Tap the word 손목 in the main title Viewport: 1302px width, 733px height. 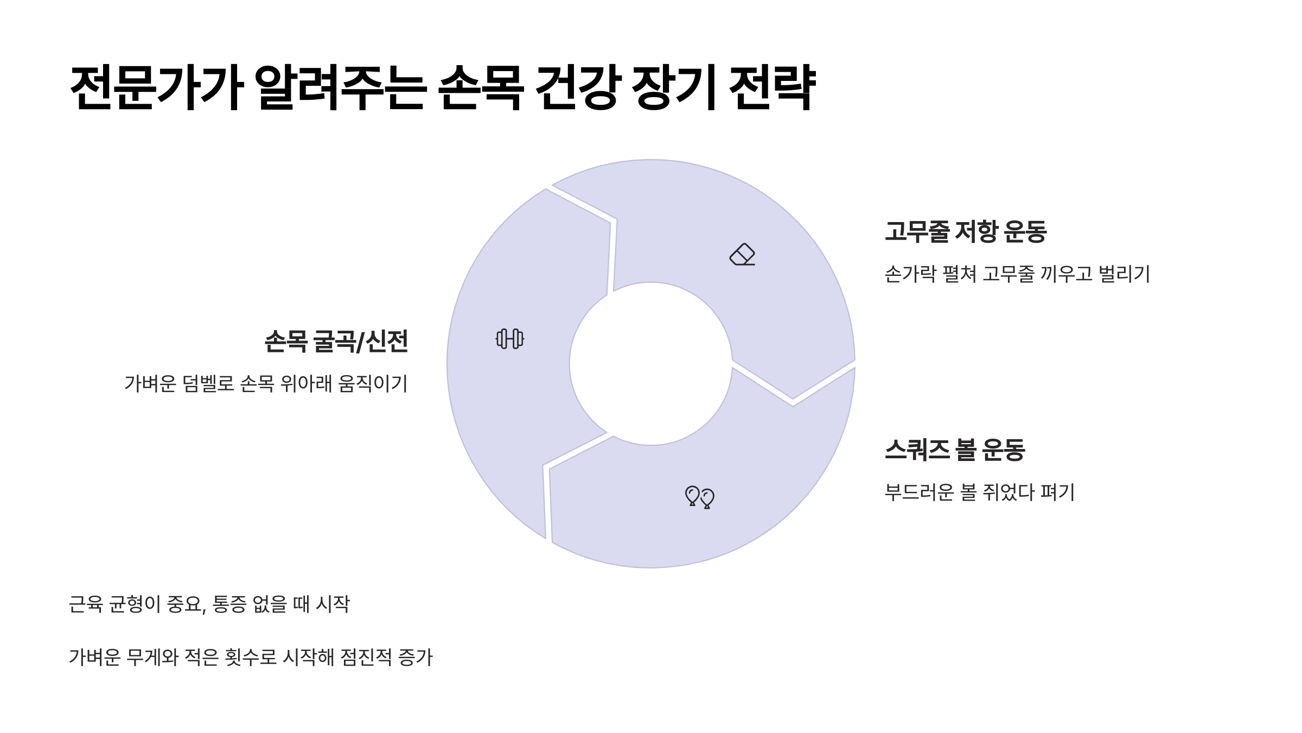pos(480,88)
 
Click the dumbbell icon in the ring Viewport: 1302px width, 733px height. pos(510,339)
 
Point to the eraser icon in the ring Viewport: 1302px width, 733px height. pos(742,254)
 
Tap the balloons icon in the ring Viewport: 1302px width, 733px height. pos(700,497)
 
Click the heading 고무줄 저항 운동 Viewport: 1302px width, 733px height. pos(966,232)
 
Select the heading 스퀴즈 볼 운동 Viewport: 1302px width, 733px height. pos(955,450)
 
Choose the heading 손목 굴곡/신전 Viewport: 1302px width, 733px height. pos(336,342)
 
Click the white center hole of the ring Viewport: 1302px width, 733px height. pos(651,364)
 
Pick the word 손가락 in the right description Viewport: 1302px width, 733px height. pos(910,274)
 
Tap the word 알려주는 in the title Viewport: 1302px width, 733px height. pos(340,88)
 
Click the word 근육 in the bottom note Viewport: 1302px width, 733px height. pos(86,604)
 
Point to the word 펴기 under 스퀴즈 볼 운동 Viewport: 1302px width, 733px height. pos(1058,492)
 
